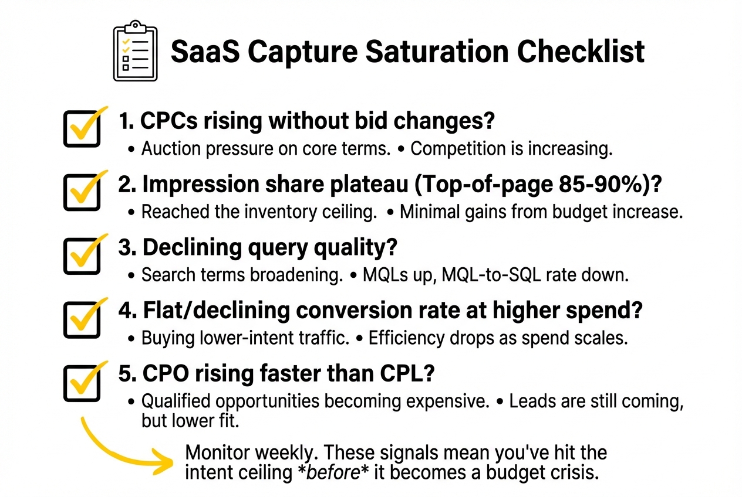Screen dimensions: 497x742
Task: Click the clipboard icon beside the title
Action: pyautogui.click(x=135, y=51)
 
